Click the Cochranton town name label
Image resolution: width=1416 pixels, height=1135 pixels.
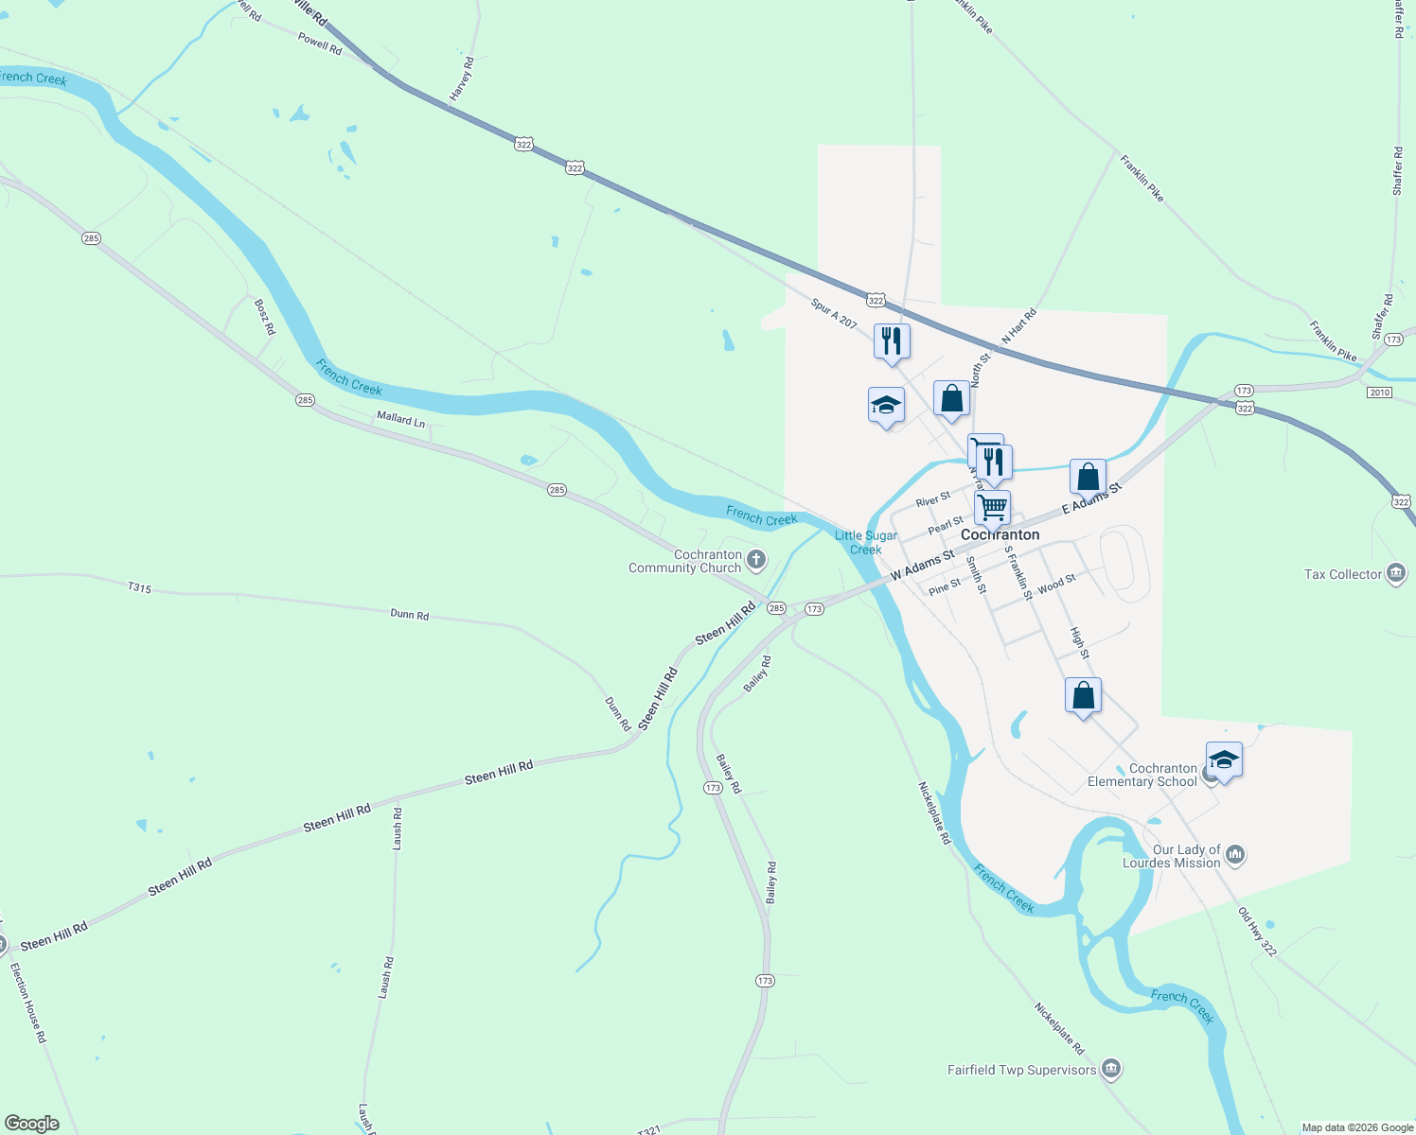[x=1000, y=534]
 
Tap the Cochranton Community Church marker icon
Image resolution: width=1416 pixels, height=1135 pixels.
[x=755, y=560]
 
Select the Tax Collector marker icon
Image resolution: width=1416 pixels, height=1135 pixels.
[x=1395, y=573]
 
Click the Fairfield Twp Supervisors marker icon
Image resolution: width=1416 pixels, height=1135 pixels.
[x=1111, y=1070]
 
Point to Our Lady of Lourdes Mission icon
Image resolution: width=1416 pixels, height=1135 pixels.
[x=1234, y=856]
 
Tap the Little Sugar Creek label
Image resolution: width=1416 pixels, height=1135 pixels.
[x=866, y=542]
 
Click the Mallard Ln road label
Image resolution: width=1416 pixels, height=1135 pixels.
[x=400, y=418]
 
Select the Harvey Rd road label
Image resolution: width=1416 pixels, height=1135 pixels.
[x=462, y=79]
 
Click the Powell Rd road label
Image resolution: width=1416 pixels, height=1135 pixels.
[x=320, y=43]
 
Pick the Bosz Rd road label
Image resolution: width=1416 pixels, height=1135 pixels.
[x=265, y=317]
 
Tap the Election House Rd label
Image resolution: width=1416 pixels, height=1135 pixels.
[x=27, y=1002]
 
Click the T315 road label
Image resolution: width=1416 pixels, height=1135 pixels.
[x=139, y=588]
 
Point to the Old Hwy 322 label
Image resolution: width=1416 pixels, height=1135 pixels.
[x=1257, y=931]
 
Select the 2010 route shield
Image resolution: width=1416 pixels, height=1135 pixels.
[x=1379, y=393]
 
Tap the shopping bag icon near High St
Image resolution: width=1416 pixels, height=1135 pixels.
[x=1083, y=695]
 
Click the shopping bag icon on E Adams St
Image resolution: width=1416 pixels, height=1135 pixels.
[x=1088, y=477]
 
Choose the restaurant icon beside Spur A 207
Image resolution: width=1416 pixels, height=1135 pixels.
[x=892, y=340]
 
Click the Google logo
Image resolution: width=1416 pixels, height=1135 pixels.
[x=32, y=1124]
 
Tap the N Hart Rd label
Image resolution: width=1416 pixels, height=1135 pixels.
[x=1019, y=327]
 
